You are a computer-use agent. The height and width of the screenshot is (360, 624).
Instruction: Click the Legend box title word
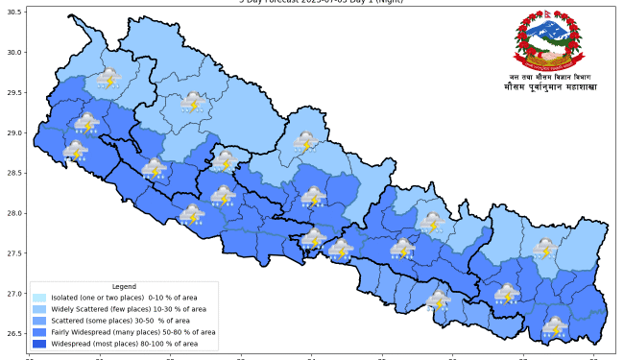[x=124, y=287]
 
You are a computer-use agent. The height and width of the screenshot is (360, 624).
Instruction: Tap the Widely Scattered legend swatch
[x=39, y=309]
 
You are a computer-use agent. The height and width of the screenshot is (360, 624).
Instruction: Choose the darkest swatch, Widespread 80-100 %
[x=39, y=343]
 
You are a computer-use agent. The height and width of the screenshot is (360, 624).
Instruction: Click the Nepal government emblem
[x=547, y=40]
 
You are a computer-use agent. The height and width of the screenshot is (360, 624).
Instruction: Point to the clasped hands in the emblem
[x=547, y=57]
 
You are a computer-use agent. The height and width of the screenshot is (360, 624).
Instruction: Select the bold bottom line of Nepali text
[x=547, y=87]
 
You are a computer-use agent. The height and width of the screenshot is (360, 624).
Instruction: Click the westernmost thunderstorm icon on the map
[x=75, y=151]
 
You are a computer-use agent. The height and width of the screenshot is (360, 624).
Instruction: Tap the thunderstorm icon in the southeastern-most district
[x=554, y=326]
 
